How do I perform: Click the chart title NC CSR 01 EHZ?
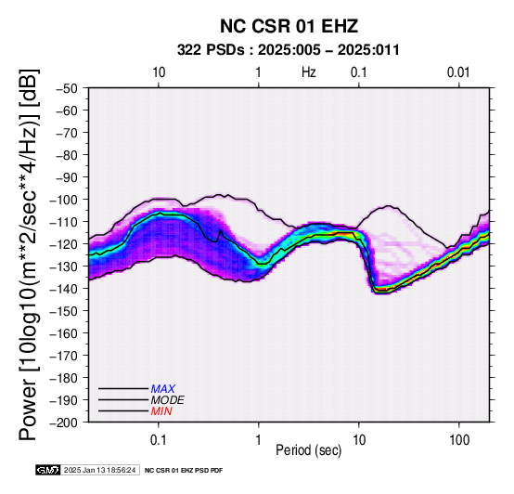[289, 26]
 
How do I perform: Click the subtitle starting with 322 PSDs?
[289, 50]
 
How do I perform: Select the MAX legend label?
[163, 389]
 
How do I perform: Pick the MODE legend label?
[168, 400]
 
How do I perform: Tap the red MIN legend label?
[161, 411]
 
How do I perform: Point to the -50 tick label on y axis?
[67, 88]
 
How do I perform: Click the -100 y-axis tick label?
[64, 200]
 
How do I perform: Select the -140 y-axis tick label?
[64, 289]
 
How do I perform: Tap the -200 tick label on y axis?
[64, 422]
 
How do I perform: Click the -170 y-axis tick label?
[64, 356]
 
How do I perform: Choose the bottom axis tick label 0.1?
[159, 440]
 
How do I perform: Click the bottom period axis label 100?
[459, 440]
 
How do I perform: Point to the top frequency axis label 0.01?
[458, 72]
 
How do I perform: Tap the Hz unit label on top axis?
[309, 72]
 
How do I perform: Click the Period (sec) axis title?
[309, 450]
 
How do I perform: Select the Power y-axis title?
[28, 254]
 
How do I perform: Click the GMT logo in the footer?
[48, 470]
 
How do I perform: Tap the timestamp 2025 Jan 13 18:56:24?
[99, 470]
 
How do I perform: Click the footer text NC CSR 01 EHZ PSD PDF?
[184, 471]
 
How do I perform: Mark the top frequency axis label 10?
[159, 72]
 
